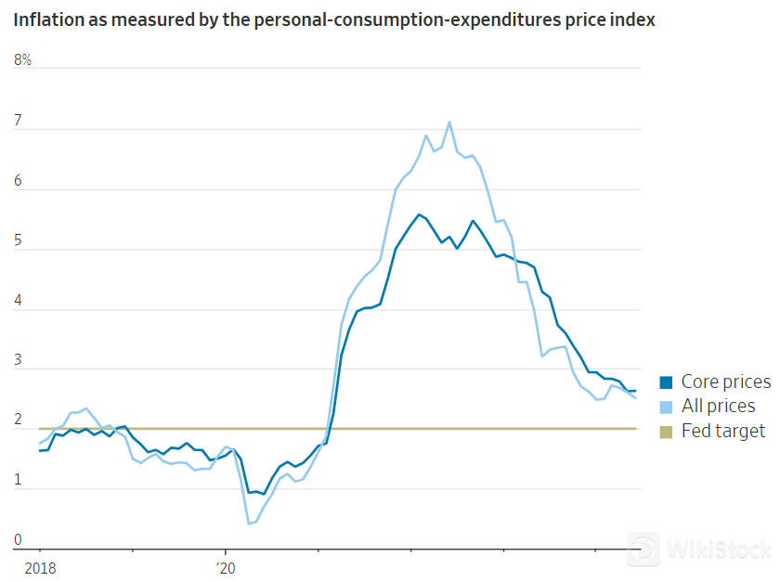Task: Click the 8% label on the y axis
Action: point(23,60)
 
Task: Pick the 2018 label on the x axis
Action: point(40,565)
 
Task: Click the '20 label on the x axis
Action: point(226,565)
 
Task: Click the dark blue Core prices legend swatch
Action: point(666,382)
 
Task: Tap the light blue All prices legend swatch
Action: point(666,407)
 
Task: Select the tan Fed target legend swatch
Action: point(666,431)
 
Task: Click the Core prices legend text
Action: point(725,382)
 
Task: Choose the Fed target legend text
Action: point(723,431)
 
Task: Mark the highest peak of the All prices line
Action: point(449,123)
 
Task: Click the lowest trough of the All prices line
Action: point(249,524)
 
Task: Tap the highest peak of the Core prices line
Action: point(419,214)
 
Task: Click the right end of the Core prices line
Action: point(635,391)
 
